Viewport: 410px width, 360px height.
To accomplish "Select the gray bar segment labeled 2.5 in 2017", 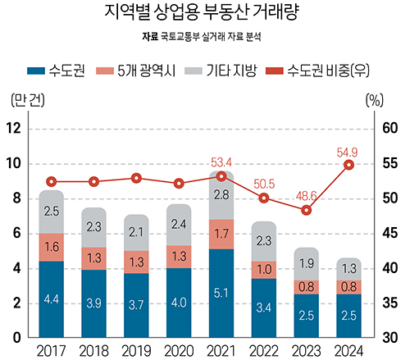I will pyautogui.click(x=51, y=212).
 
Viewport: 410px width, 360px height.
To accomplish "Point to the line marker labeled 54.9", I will pyautogui.click(x=348, y=165).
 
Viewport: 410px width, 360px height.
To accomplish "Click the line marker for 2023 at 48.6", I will pyautogui.click(x=307, y=210).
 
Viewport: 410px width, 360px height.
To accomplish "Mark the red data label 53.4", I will pyautogui.click(x=221, y=162).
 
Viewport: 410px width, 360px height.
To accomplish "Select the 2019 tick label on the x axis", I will pyautogui.click(x=136, y=350).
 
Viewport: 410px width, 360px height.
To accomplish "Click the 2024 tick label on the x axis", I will pyautogui.click(x=348, y=350).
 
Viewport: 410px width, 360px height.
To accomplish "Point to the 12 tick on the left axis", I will pyautogui.click(x=15, y=128).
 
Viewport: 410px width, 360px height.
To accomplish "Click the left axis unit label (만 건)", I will pyautogui.click(x=25, y=102).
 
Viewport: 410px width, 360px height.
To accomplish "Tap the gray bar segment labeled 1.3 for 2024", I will pyautogui.click(x=348, y=269).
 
